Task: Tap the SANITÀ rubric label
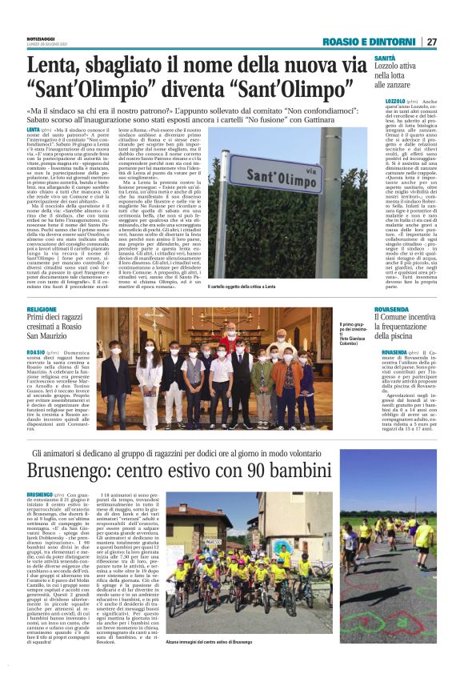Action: tap(383, 58)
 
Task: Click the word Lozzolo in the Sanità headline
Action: tap(393, 68)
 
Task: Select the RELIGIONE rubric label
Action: tap(42, 309)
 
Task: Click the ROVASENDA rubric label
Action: tap(395, 309)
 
